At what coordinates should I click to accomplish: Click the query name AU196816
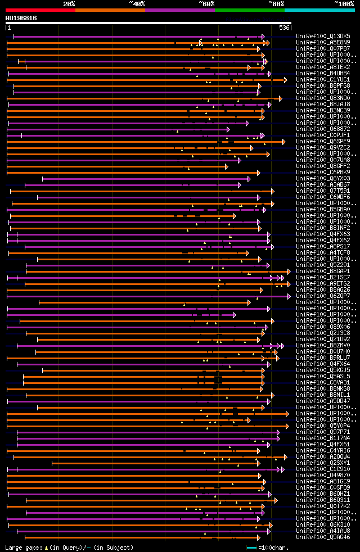tap(21, 18)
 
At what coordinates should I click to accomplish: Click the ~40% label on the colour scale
tap(137, 4)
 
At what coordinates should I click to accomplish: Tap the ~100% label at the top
tap(344, 4)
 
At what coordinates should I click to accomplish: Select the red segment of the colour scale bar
tap(40, 10)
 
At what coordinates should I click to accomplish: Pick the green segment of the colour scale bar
tap(249, 10)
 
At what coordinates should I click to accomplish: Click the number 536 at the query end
tap(284, 28)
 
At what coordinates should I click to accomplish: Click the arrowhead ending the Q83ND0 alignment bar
tap(281, 98)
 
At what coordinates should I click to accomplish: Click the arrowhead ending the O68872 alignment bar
tap(228, 129)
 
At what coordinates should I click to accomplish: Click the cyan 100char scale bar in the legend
tap(251, 548)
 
